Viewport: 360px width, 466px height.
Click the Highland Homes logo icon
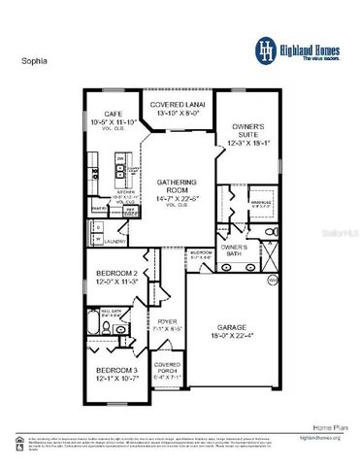click(265, 49)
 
